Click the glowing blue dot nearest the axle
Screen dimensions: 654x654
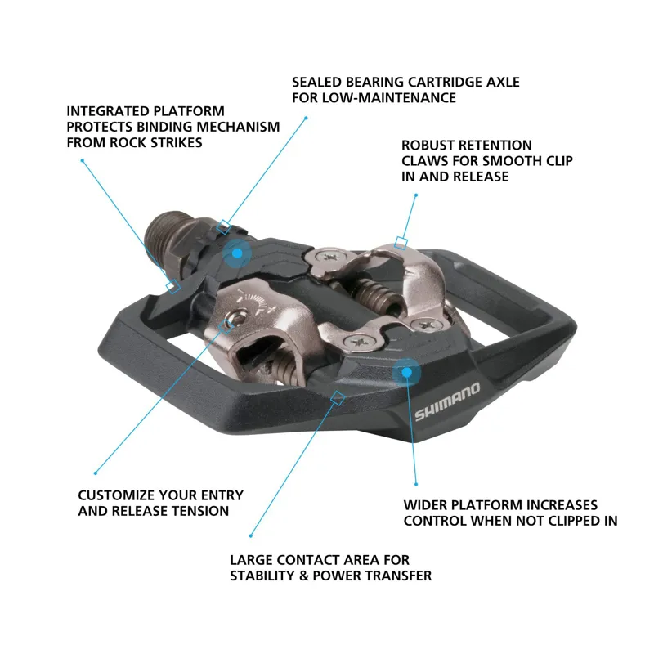tap(237, 253)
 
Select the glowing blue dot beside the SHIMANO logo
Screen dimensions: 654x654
tap(405, 374)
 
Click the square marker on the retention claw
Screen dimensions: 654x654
tap(400, 242)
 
